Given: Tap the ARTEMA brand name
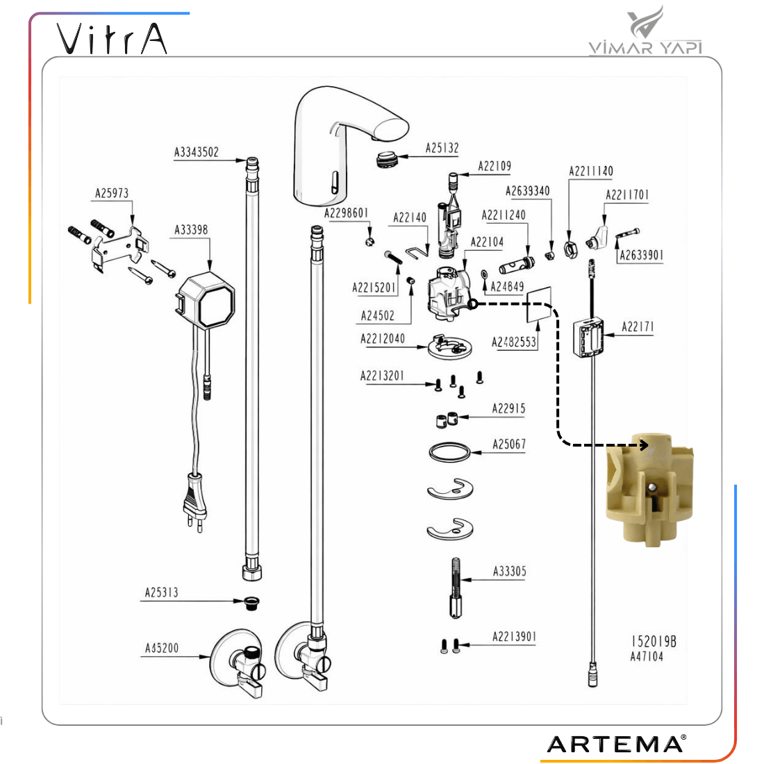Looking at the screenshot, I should [615, 744].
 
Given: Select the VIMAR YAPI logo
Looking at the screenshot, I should [645, 32].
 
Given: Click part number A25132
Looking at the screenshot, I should [442, 148].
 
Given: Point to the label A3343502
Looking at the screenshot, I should [196, 152].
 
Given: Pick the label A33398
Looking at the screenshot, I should [191, 230].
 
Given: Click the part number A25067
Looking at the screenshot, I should [509, 444].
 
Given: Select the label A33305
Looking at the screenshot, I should [509, 572].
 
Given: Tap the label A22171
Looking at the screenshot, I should [638, 327].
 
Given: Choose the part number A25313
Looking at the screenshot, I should [161, 592].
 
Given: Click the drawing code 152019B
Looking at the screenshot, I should [653, 642].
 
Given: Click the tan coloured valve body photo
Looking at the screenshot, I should [649, 490].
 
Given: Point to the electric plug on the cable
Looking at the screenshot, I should [194, 497].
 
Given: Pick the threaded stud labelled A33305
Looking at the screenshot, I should [455, 588].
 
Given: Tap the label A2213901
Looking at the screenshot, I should [514, 637].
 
